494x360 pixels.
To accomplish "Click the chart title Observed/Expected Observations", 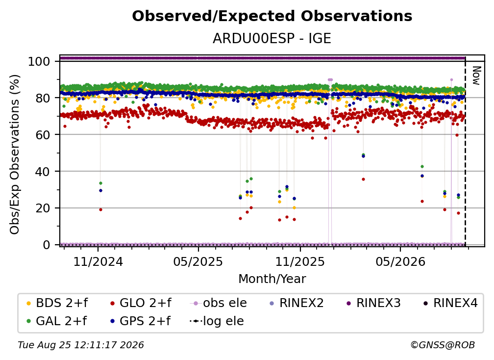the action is coord(272,16).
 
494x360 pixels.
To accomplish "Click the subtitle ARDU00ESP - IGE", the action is coord(272,38).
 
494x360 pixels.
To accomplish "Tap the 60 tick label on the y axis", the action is coord(43,134).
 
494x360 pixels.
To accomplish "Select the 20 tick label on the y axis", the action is coord(43,208).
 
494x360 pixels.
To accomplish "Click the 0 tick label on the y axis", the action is coord(47,245).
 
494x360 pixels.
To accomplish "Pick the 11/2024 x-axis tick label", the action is coord(98,261).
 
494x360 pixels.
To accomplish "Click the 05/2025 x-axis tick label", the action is coord(198,261).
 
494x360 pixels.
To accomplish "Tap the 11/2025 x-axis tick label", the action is coord(300,261).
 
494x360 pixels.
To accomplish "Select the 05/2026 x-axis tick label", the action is coord(400,261).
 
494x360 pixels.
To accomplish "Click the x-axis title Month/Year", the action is coord(272,279).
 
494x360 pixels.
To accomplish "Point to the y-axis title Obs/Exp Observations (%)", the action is coord(15,154).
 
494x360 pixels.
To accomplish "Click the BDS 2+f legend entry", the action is coord(57,303).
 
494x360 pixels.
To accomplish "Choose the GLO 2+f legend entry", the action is coord(141,303).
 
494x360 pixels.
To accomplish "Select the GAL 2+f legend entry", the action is coord(57,321).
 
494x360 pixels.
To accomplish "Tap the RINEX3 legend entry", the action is coord(373,303).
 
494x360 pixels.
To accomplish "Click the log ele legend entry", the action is coord(217,321).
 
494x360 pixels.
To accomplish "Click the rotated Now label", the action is coord(476,76).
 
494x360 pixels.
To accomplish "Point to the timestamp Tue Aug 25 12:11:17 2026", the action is coord(81,345).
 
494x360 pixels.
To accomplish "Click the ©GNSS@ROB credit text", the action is coord(443,345).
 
